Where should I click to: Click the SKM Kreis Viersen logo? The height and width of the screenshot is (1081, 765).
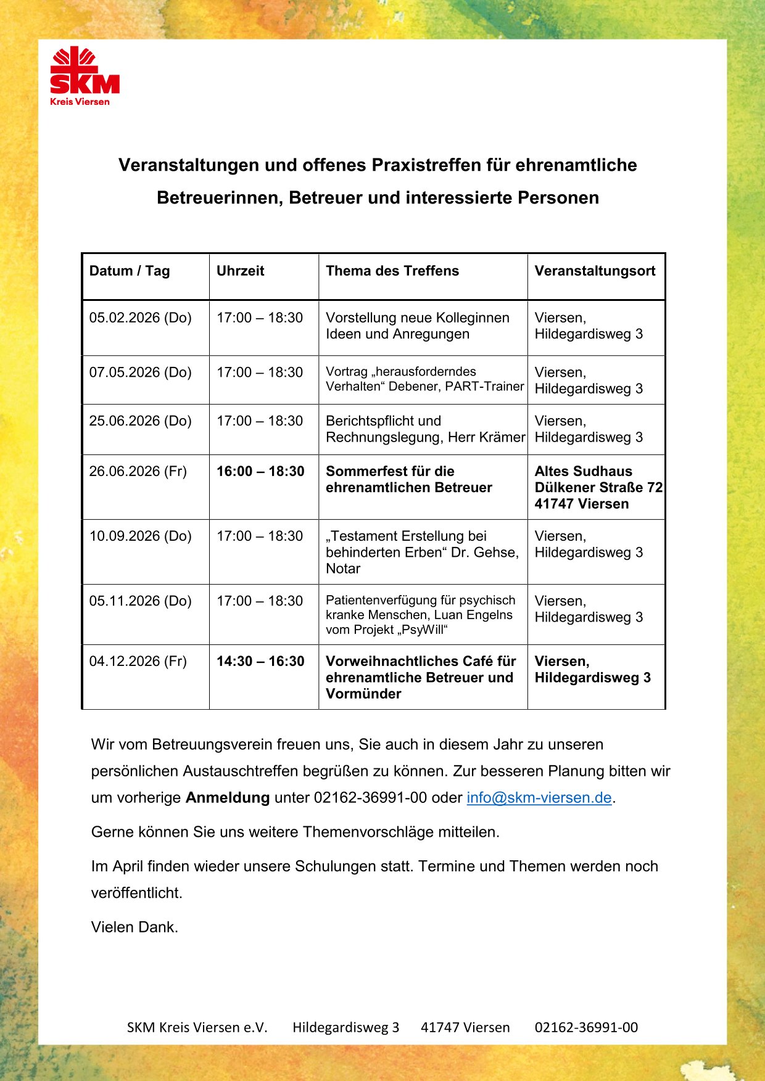coord(85,76)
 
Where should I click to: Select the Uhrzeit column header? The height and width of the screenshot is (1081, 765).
coord(240,271)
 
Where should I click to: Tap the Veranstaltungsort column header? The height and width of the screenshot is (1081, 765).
coord(595,271)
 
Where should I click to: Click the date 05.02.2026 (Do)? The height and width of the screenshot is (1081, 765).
coord(140,318)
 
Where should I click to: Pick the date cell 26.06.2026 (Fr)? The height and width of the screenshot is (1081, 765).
coord(138,471)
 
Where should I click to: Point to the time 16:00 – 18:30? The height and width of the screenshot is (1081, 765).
coord(260,471)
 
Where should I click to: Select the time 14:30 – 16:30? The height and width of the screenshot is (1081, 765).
coord(260,661)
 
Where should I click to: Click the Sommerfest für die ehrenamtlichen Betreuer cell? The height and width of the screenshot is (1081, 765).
coord(408,479)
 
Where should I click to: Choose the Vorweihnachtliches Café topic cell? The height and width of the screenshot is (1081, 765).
coord(421,677)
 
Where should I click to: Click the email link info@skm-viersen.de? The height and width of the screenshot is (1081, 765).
coord(539,797)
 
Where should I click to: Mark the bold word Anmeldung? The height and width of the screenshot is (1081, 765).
coord(228,797)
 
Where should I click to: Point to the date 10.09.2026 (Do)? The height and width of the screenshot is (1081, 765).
coord(140,536)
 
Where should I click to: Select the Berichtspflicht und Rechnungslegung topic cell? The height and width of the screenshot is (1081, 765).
coord(424,429)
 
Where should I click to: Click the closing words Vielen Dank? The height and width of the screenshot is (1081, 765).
coord(134,927)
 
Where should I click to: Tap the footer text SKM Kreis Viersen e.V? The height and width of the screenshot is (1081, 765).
coord(197,1027)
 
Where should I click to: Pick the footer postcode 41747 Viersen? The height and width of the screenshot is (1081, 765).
coord(465,1027)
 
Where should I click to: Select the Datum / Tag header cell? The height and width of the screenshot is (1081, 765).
coord(129,271)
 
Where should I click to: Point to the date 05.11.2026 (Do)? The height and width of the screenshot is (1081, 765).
coord(140,601)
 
